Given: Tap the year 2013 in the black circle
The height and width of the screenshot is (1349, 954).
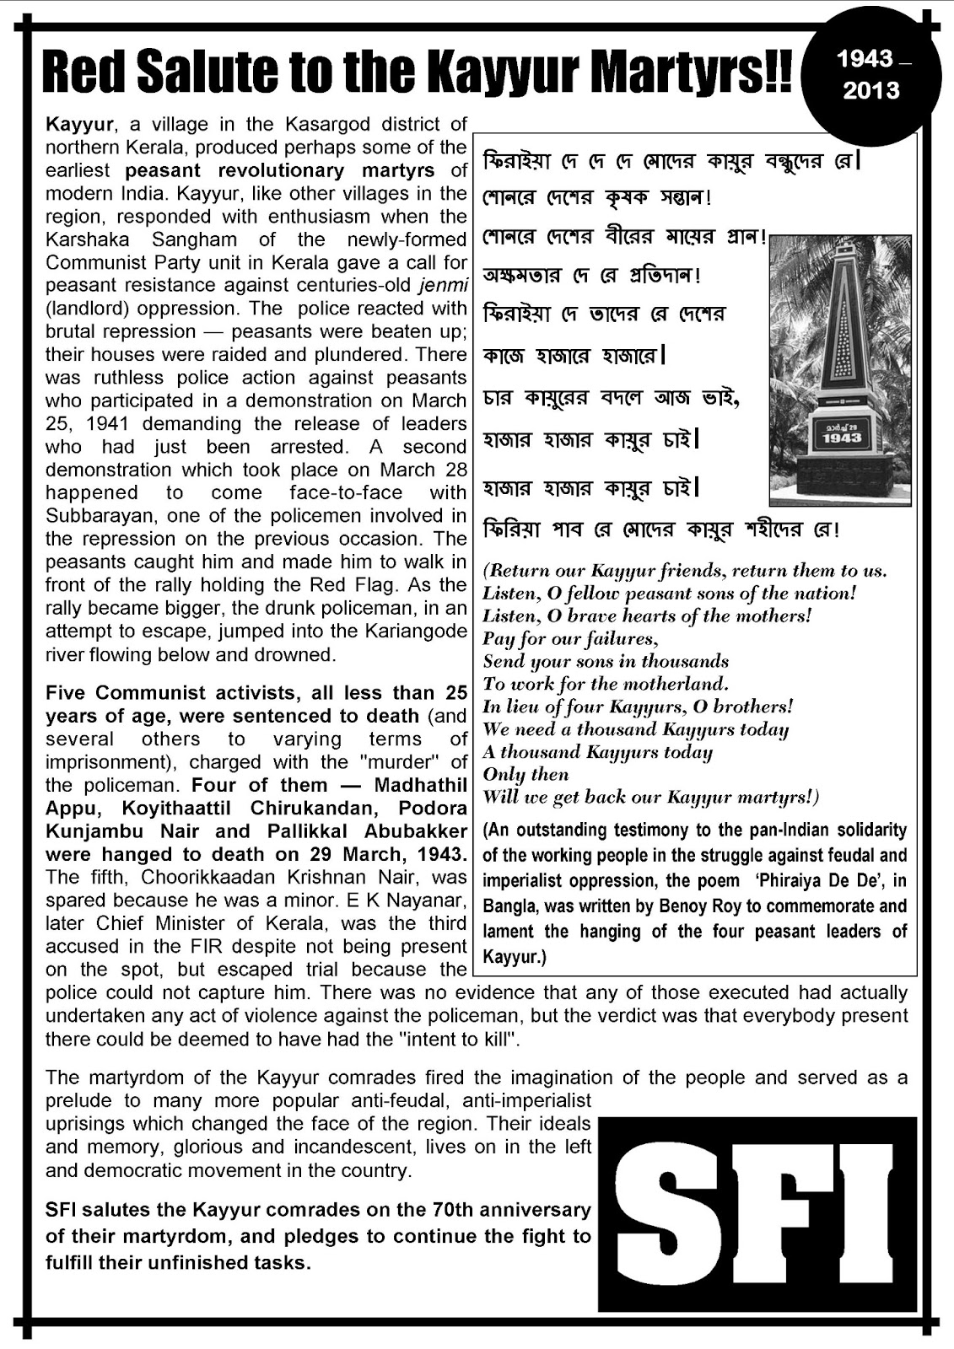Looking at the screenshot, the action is [x=870, y=89].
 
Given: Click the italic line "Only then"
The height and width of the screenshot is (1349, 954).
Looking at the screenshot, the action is [x=526, y=775].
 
